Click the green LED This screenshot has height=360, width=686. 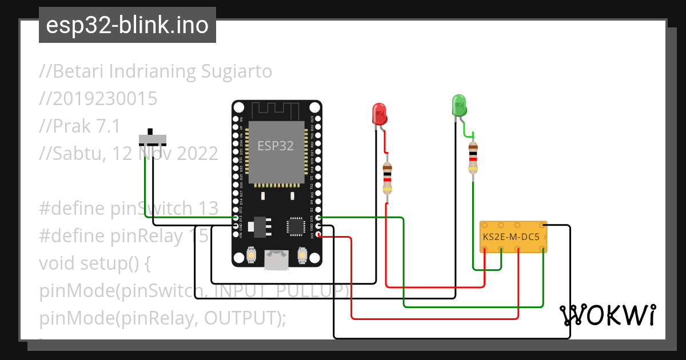459,106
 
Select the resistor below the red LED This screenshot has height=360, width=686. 388,177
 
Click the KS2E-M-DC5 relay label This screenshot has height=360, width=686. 511,236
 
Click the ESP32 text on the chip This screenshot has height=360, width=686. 275,146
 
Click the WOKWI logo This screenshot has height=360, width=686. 607,315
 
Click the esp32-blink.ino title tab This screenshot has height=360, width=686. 127,25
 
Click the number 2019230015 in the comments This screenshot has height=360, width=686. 98,99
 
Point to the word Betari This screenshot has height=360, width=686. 77,71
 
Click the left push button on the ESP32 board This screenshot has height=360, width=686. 250,254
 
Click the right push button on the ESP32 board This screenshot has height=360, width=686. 302,254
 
